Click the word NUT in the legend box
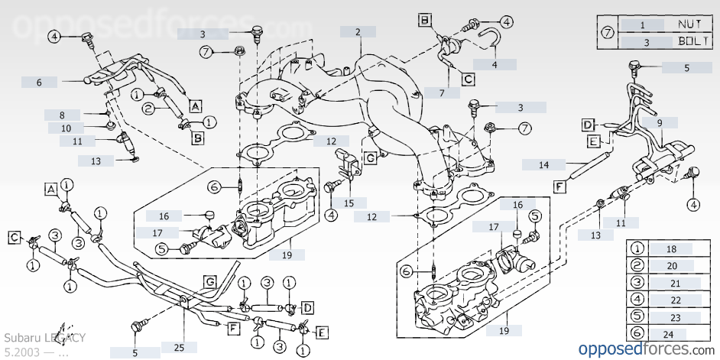coord(689,24)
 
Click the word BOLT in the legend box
coord(689,41)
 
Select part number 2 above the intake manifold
coord(358,33)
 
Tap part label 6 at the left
coord(38,82)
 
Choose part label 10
coord(66,128)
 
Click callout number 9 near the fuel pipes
coord(659,122)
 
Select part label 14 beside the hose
coord(544,164)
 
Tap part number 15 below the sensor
coord(349,203)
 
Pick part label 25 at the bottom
coord(178,348)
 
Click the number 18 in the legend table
coord(672,249)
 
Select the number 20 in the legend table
coord(672,266)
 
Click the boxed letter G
coord(209,282)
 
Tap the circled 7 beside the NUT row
coord(608,33)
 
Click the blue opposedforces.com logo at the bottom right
coord(644,349)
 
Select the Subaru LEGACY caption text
coord(45,337)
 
